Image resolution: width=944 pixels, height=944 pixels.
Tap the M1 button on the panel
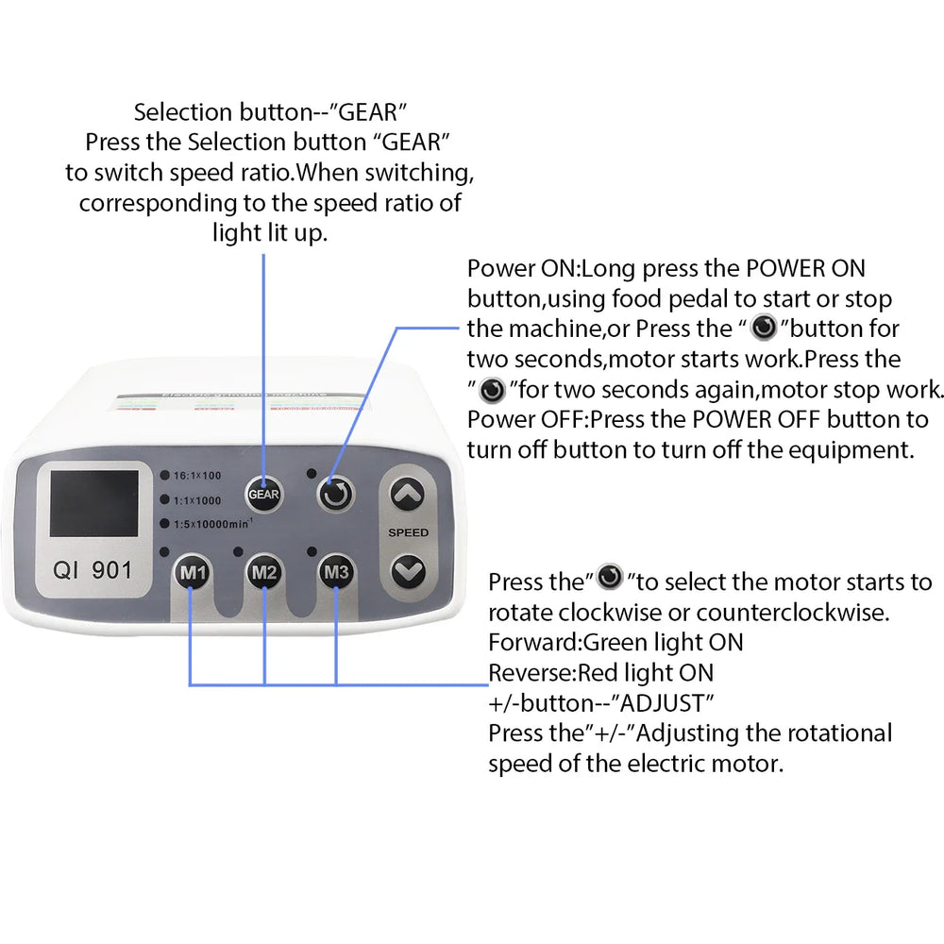[192, 573]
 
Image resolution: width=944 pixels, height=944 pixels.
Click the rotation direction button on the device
[336, 492]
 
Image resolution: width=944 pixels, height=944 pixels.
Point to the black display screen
[93, 504]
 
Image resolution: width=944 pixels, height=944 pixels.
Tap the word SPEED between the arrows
[408, 532]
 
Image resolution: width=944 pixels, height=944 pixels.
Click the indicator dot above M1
[164, 551]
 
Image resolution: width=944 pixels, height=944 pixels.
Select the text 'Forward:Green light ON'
[615, 643]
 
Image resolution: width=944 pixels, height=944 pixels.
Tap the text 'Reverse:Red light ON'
[600, 673]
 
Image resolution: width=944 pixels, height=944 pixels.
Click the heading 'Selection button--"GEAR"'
[270, 112]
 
